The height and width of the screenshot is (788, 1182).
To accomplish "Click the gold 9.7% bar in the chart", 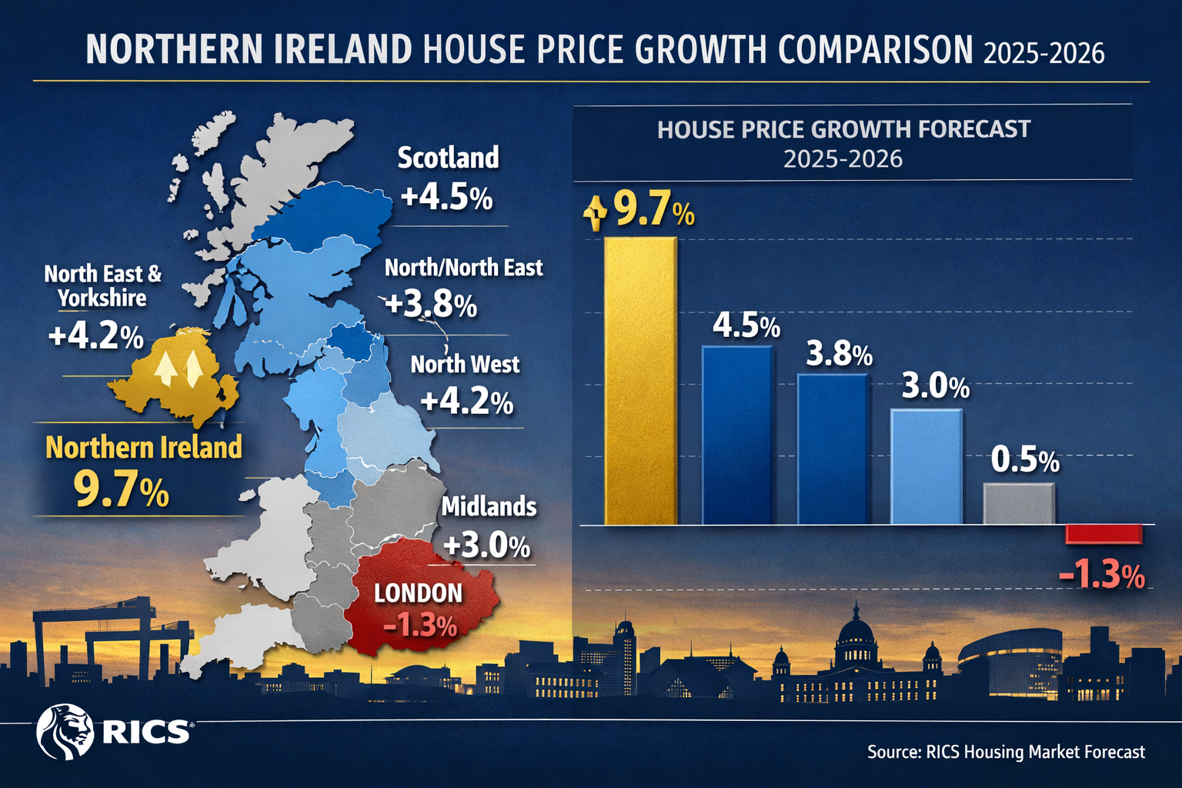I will [640, 381].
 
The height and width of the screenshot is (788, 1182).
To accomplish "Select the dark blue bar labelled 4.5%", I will [737, 435].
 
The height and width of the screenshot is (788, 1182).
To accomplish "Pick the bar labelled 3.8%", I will [832, 449].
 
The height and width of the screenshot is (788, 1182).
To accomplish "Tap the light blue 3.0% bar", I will [926, 466].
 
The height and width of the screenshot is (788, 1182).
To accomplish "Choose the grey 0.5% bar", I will [1019, 504].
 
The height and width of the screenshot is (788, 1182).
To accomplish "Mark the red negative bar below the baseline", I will [1104, 534].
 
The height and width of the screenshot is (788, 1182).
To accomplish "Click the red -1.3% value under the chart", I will [1102, 575].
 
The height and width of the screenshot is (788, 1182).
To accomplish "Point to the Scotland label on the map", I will [448, 158].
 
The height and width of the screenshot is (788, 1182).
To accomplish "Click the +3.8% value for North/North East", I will [431, 305].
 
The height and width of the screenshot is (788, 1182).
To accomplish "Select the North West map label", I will [465, 364].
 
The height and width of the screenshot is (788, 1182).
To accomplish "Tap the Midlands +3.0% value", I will [486, 546].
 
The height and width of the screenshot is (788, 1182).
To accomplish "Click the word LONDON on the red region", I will [418, 593].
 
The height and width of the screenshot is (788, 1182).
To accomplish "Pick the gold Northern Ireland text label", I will [144, 448].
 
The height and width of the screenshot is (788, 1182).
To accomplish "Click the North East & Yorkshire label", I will [102, 285].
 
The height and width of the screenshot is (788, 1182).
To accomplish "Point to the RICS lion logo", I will [64, 731].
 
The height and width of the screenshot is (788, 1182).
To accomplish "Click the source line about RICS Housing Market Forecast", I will [1006, 752].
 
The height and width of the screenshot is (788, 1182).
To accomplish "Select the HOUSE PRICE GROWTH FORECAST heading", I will [843, 129].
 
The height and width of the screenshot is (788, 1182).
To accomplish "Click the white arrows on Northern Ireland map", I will [179, 368].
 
